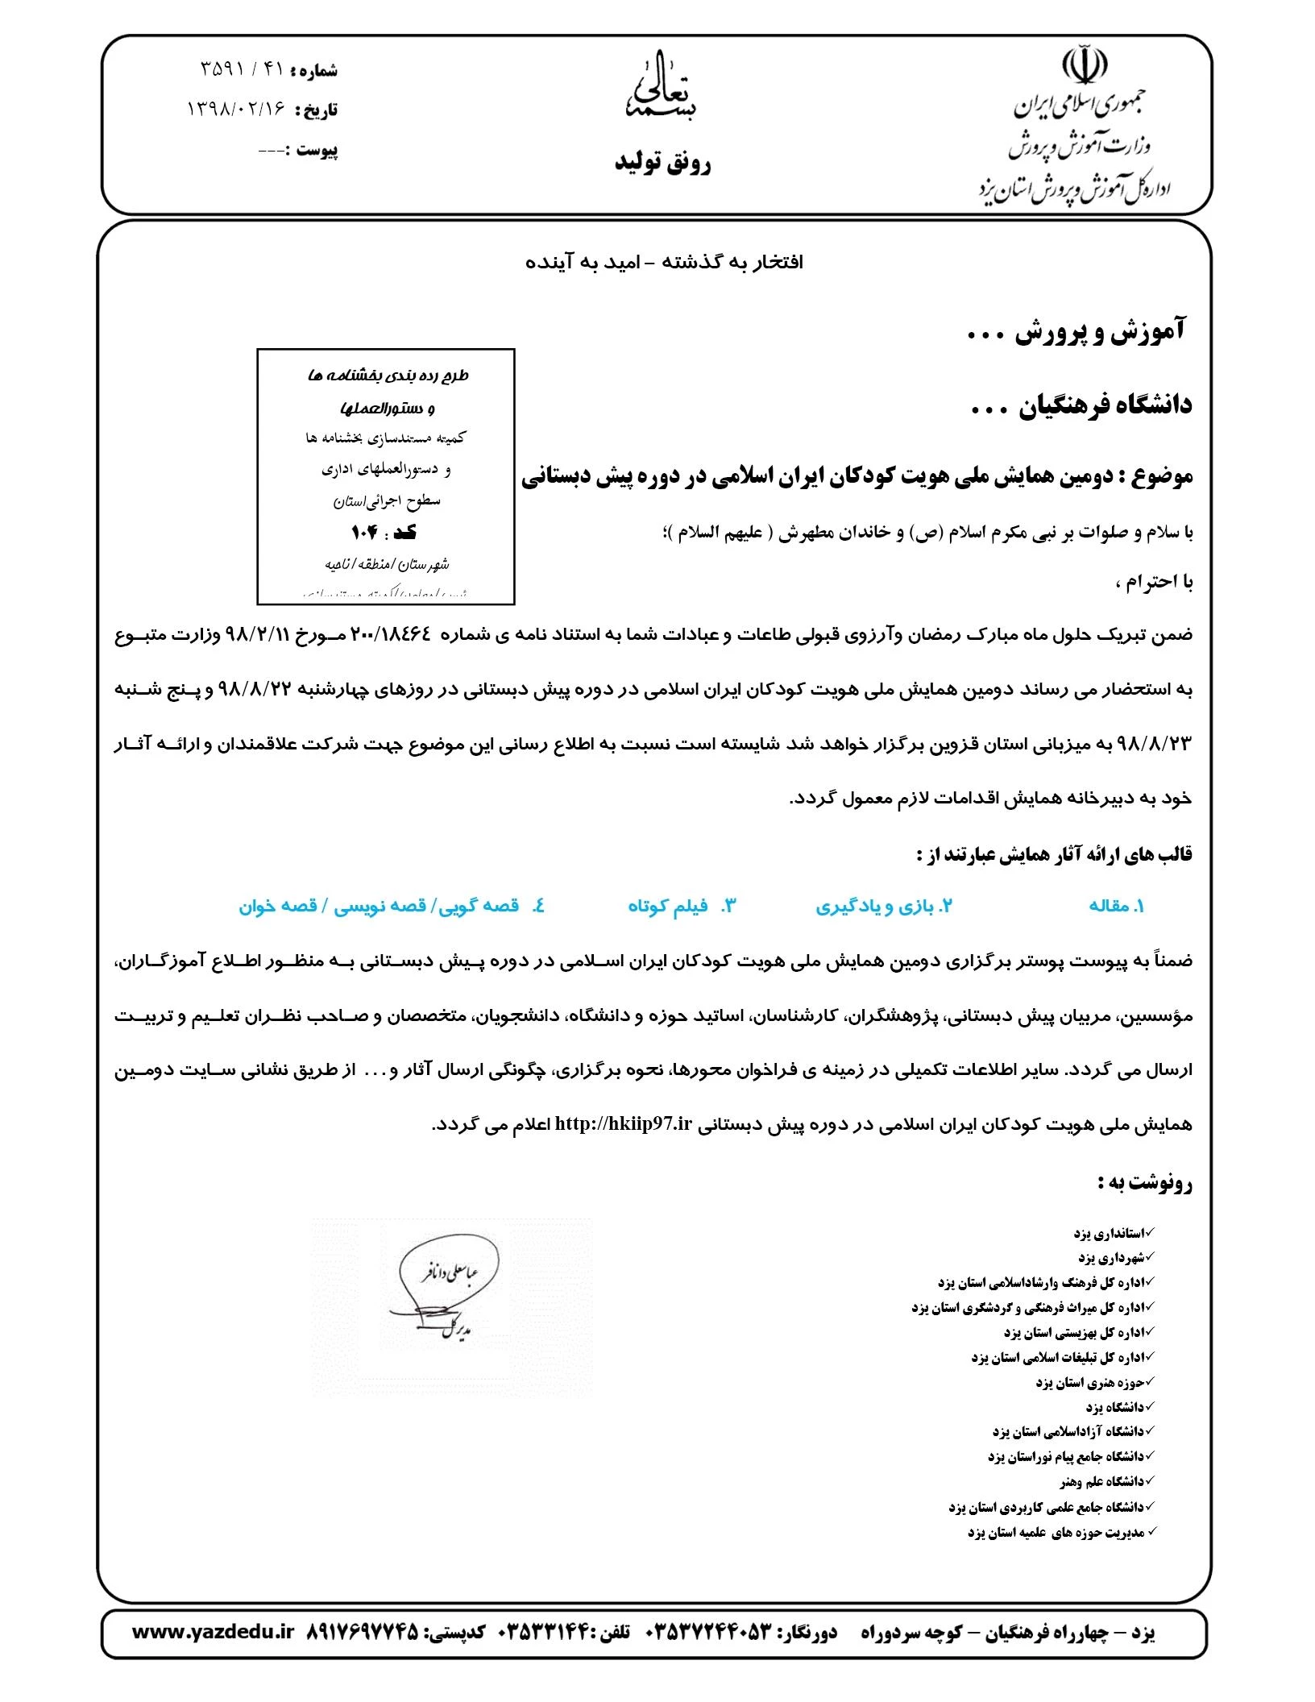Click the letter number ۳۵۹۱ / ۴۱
point(242,69)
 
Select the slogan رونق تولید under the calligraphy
point(662,164)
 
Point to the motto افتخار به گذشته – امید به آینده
point(664,263)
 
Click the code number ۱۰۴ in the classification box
point(364,533)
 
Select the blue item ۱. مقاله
point(1116,906)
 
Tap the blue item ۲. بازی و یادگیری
point(884,906)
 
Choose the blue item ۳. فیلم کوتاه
point(682,906)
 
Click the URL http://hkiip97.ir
point(624,1124)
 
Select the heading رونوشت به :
point(1144,1183)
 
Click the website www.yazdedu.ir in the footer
point(213,1632)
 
